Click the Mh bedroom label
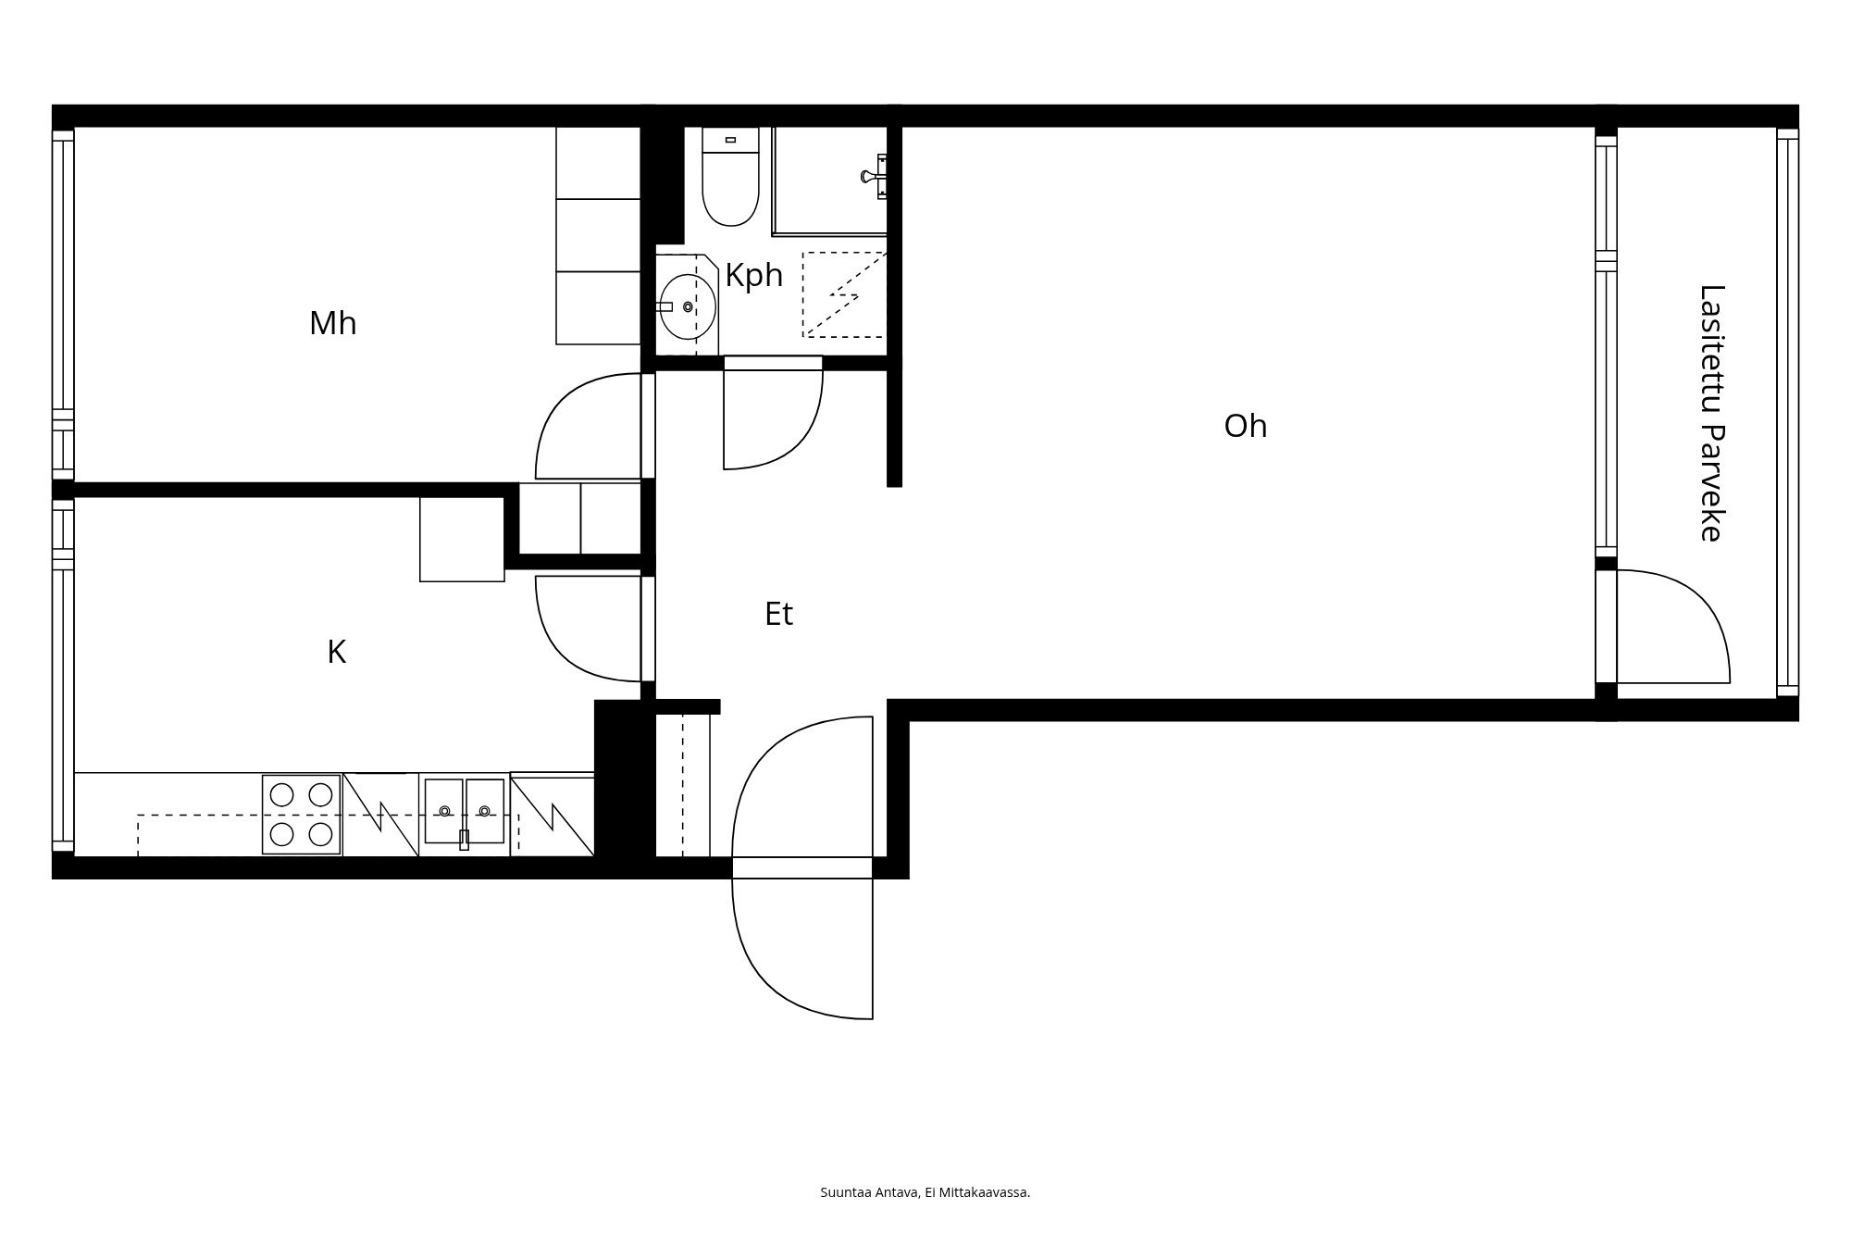(332, 323)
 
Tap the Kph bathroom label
(753, 276)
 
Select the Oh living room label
(1245, 426)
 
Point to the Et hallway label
(778, 614)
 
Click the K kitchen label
(337, 652)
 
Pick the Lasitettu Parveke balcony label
(1712, 413)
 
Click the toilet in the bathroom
(730, 176)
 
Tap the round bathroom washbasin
(688, 306)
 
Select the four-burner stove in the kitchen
(302, 815)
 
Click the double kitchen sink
(465, 812)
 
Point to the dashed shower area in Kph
(844, 293)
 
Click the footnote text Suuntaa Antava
(870, 1192)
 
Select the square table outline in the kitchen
(462, 539)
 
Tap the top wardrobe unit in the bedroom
(598, 162)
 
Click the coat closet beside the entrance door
(682, 785)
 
